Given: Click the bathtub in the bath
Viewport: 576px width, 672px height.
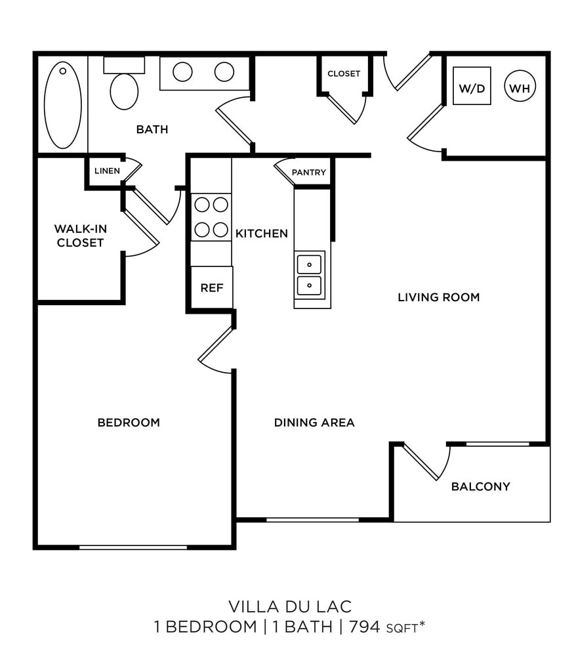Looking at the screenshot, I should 63,105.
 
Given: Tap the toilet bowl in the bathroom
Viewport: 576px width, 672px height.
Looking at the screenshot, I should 124,91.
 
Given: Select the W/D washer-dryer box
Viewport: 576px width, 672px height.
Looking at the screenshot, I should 472,86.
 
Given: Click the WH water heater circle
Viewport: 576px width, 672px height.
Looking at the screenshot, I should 520,87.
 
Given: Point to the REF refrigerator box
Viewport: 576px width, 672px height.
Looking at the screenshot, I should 211,287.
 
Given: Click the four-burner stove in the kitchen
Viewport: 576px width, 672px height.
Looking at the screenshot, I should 211,217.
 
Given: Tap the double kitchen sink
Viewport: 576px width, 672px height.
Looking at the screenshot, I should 309,275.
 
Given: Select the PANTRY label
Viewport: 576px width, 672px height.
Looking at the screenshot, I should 308,173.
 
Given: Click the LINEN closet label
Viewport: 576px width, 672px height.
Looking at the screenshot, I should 107,171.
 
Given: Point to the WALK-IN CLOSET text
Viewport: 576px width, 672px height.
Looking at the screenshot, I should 80,236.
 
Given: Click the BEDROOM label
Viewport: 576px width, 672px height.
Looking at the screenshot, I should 129,423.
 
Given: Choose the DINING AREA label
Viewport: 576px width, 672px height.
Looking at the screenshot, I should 314,423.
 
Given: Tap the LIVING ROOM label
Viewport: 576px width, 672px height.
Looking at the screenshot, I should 438,297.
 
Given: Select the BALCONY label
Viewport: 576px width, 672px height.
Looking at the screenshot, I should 480,487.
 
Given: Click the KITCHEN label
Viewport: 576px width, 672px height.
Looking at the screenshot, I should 262,234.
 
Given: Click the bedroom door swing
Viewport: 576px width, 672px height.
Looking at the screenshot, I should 216,352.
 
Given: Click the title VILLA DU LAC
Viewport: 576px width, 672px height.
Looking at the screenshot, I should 290,605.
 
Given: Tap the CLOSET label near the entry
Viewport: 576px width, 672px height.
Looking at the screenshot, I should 344,73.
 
